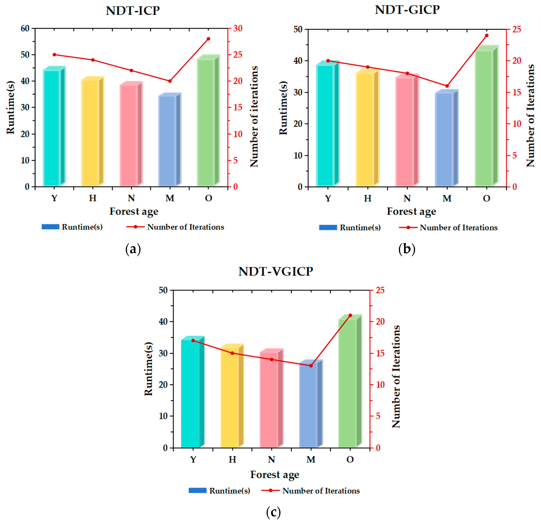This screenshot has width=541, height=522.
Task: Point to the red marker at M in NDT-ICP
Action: click(x=170, y=81)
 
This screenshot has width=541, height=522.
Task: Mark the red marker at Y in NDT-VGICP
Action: click(x=193, y=340)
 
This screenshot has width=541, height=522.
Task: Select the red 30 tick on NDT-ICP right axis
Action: click(x=238, y=28)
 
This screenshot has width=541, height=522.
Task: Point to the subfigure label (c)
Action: click(x=273, y=512)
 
